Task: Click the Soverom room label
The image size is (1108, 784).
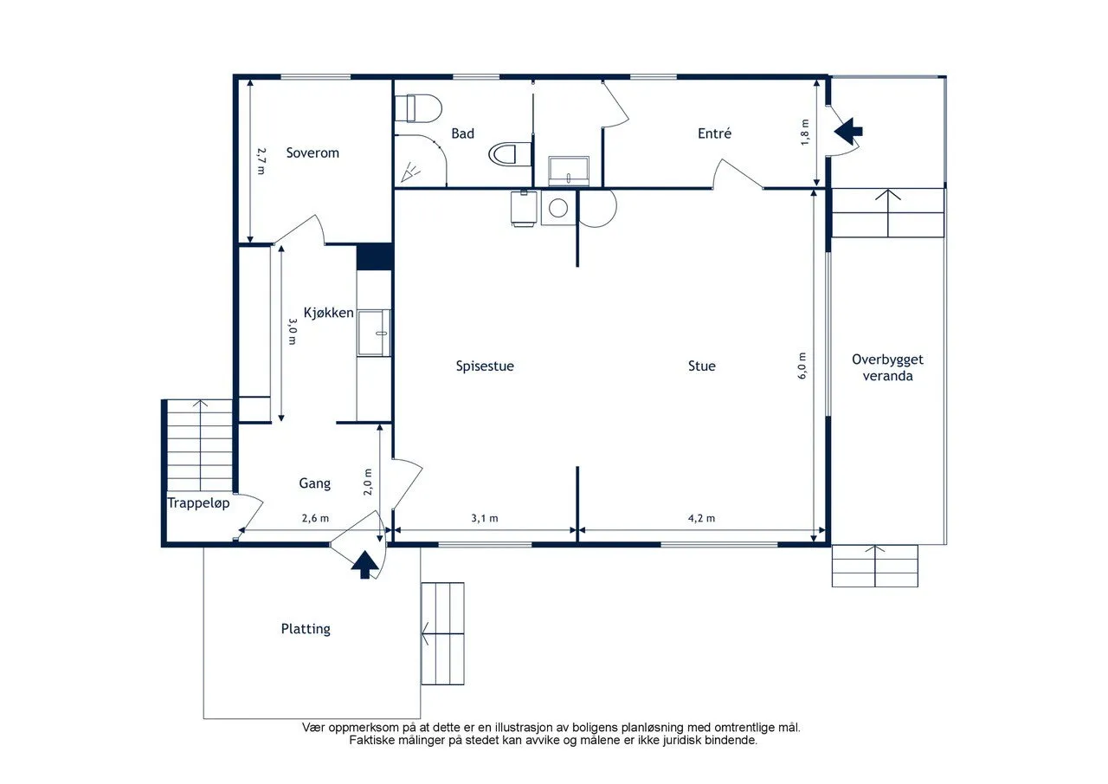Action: pyautogui.click(x=312, y=153)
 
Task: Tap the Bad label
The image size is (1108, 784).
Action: pyautogui.click(x=462, y=133)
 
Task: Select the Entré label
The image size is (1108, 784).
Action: pyautogui.click(x=714, y=133)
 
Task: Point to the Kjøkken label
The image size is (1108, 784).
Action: pyautogui.click(x=328, y=313)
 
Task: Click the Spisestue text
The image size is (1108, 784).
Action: pyautogui.click(x=485, y=366)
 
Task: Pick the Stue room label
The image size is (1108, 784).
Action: pyautogui.click(x=701, y=366)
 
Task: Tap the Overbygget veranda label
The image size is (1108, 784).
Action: pyautogui.click(x=887, y=368)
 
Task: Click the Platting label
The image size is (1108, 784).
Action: pyautogui.click(x=306, y=629)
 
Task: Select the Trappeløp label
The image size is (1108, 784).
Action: pyautogui.click(x=198, y=503)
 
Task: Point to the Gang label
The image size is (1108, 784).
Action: pyautogui.click(x=314, y=483)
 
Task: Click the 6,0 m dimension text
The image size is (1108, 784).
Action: pyautogui.click(x=802, y=366)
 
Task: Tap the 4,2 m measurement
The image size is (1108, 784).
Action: pyautogui.click(x=701, y=518)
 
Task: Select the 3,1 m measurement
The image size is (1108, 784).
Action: pyautogui.click(x=485, y=518)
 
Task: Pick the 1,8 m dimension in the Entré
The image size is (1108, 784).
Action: pyautogui.click(x=805, y=133)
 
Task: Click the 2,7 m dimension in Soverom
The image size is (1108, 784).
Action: pyautogui.click(x=261, y=161)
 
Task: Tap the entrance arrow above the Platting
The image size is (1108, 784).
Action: pyautogui.click(x=364, y=565)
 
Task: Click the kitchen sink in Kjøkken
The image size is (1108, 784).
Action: pyautogui.click(x=374, y=333)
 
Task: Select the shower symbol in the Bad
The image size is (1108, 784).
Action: pyautogui.click(x=410, y=172)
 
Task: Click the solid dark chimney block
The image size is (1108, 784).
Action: pyautogui.click(x=375, y=257)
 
